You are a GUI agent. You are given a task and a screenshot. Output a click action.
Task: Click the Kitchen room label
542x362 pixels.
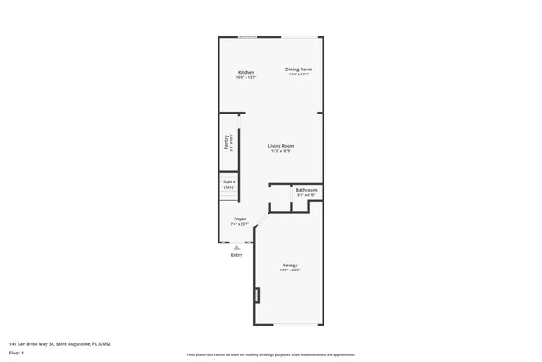coord(246,72)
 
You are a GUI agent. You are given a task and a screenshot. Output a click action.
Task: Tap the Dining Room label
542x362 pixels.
coord(299,69)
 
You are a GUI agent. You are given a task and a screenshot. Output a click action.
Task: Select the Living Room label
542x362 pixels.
coord(280,146)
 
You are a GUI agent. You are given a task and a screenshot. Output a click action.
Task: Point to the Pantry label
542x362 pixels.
coord(226,141)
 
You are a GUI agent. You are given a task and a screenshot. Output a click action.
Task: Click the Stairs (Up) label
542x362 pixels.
coord(229,184)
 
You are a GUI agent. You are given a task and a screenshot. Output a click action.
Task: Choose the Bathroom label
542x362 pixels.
coord(306,189)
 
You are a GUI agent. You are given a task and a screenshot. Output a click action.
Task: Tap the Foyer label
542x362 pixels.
coord(241,219)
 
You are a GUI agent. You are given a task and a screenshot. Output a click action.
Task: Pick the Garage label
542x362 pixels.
coord(290,265)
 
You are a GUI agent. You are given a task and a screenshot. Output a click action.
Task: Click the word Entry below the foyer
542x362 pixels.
coord(236,255)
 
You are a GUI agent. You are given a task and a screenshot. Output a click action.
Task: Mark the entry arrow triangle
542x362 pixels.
coord(236,248)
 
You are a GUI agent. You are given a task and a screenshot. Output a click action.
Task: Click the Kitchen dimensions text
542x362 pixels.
coord(246,78)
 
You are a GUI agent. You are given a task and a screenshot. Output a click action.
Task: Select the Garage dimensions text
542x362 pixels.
coord(290,271)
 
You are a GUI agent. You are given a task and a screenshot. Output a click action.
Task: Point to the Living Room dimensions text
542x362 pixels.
coord(280,152)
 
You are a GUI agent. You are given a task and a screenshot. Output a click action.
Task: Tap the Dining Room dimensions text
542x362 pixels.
coord(299,75)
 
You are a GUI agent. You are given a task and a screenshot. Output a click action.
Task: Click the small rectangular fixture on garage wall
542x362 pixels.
coord(257,294)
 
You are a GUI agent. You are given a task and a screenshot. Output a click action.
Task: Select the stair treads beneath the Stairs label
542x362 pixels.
coord(227,197)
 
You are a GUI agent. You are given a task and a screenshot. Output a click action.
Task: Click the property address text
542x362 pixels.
coord(60,343)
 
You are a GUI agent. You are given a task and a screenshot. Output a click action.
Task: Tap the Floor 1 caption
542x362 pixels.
coord(16,352)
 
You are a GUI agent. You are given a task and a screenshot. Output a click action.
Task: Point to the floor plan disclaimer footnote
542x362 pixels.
coord(270,354)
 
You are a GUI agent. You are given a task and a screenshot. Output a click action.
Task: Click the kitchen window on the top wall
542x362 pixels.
coord(247,36)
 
